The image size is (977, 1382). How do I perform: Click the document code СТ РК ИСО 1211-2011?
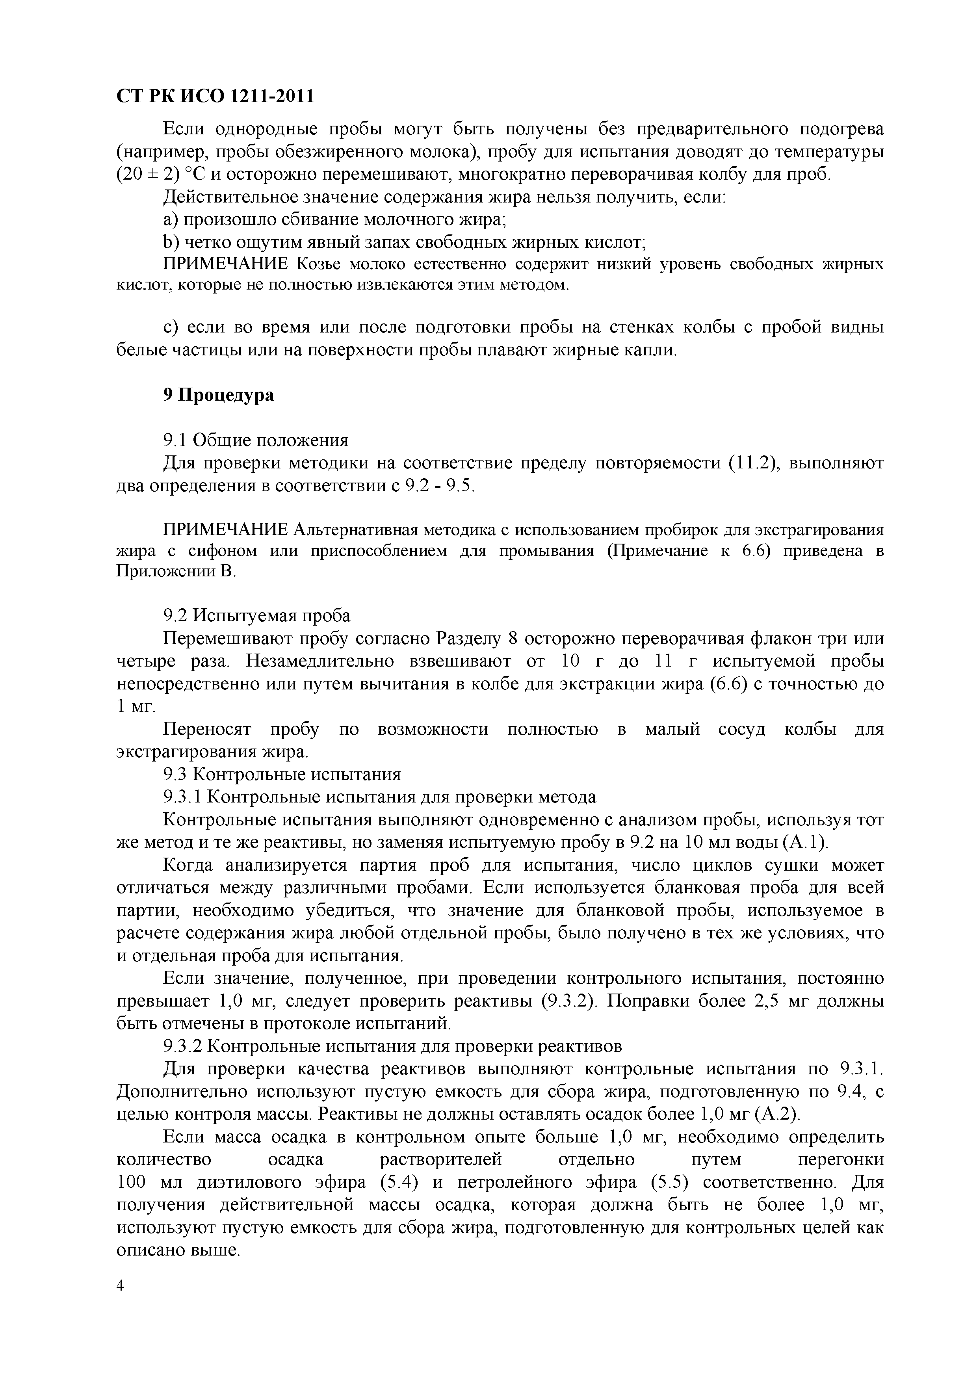coord(215,96)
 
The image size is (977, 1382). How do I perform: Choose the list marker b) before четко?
coord(171,243)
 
